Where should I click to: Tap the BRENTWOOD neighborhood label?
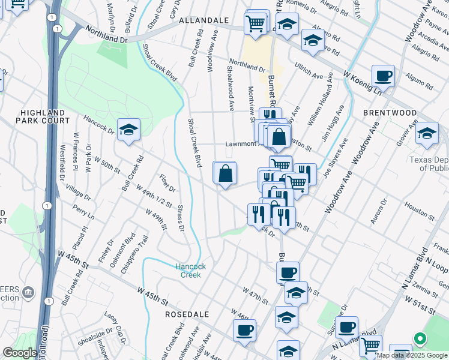coord(390,113)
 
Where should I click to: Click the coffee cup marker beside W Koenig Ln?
coord(383,77)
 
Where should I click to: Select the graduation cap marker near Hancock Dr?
coord(128,130)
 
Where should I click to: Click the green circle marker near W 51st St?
coord(421,339)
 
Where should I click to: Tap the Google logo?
coord(20,353)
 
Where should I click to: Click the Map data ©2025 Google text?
coord(411,355)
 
